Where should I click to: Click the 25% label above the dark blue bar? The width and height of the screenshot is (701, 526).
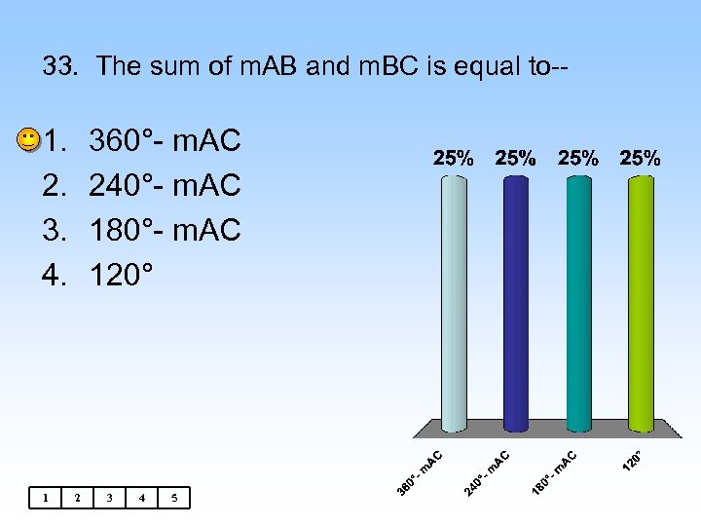click(516, 158)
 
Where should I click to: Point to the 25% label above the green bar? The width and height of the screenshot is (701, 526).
click(640, 158)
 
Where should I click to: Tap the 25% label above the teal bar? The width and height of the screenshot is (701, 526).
click(578, 158)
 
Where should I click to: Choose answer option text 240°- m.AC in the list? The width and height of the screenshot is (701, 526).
click(164, 185)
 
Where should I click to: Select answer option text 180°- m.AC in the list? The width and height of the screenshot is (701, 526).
click(164, 230)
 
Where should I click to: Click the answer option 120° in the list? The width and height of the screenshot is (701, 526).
click(121, 275)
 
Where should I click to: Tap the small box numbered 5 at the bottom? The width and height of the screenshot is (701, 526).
click(174, 499)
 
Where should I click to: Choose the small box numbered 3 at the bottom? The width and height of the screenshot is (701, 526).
click(110, 499)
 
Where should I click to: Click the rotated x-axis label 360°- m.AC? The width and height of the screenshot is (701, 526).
click(421, 470)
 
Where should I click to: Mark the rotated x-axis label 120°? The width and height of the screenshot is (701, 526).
click(632, 458)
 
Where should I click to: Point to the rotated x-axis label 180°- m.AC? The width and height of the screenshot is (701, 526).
click(555, 470)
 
